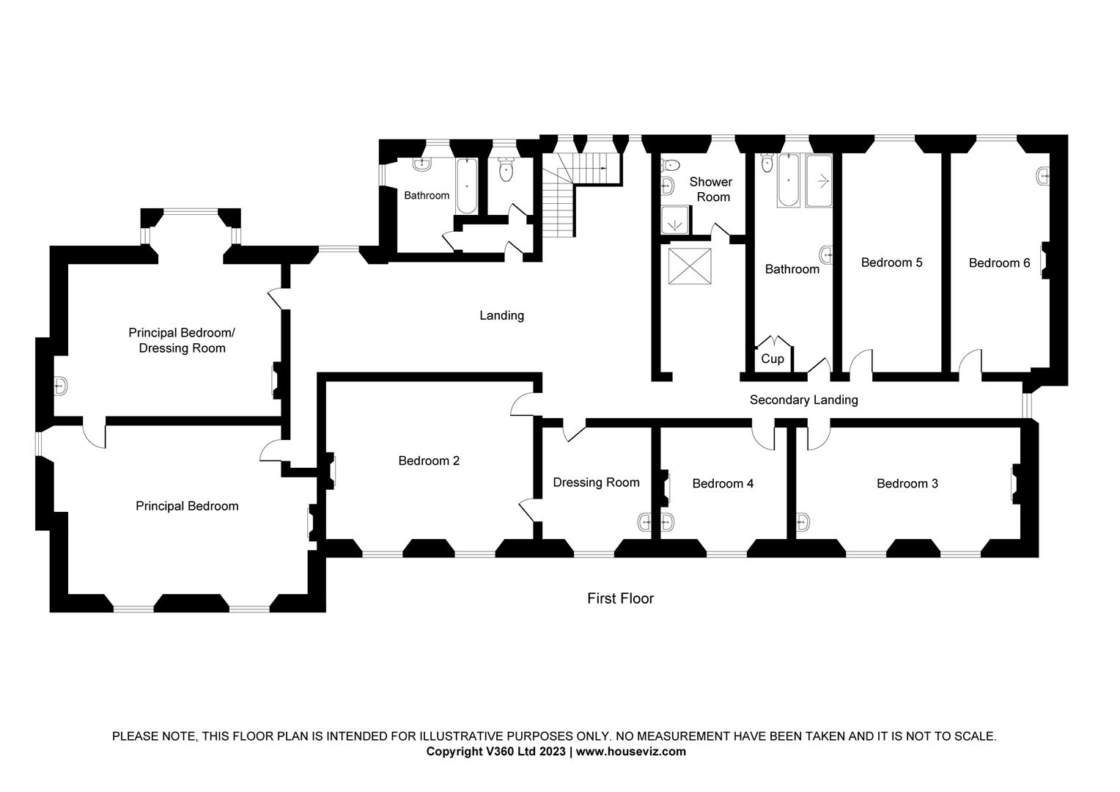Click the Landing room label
[501, 315]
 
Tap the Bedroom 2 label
[429, 461]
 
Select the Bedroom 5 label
[891, 263]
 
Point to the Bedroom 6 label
[999, 263]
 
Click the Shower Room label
[710, 189]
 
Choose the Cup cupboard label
[772, 359]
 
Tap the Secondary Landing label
[803, 400]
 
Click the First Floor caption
[620, 598]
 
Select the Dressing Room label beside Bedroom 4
[596, 483]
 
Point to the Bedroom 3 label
[907, 483]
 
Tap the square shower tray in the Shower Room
[675, 219]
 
